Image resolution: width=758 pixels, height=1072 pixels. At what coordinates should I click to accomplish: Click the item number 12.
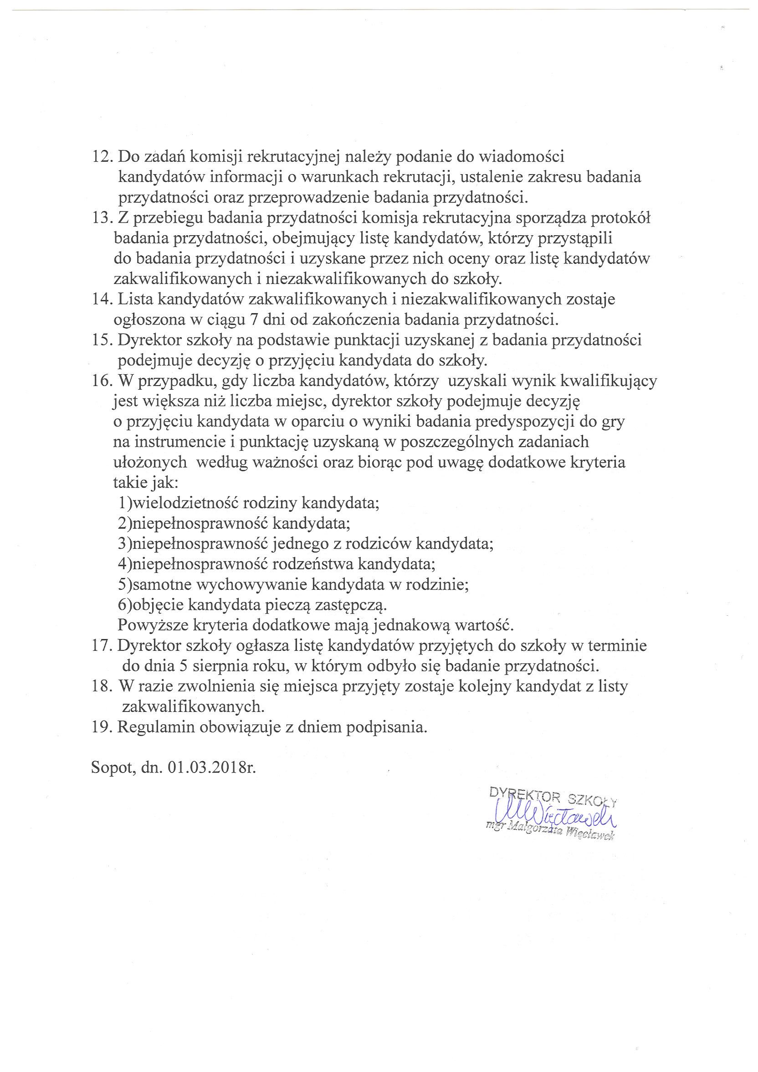[x=102, y=157]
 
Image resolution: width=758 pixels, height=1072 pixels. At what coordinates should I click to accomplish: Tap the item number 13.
[x=102, y=218]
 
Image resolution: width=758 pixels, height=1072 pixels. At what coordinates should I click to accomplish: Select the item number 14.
[x=102, y=299]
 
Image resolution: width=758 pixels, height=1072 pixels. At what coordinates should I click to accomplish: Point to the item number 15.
[x=102, y=340]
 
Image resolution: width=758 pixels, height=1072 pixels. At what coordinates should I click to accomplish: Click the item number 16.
[x=102, y=381]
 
